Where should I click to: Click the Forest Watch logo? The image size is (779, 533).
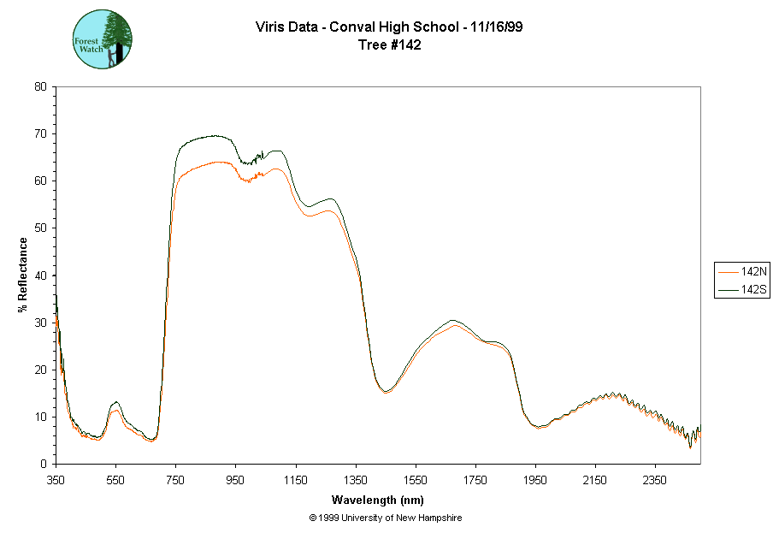(102, 39)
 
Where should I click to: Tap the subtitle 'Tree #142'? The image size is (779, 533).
(389, 45)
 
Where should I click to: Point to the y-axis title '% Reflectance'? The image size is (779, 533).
(23, 275)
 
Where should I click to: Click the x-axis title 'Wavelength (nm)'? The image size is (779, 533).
(378, 500)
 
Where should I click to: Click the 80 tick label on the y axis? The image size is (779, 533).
(40, 86)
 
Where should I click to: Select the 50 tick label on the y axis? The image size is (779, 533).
(40, 228)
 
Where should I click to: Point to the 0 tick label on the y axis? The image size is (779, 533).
(44, 464)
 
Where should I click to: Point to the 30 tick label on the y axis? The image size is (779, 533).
(40, 323)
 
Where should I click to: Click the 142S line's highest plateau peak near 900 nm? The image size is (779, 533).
(214, 136)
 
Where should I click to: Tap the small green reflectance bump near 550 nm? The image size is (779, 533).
(115, 402)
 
